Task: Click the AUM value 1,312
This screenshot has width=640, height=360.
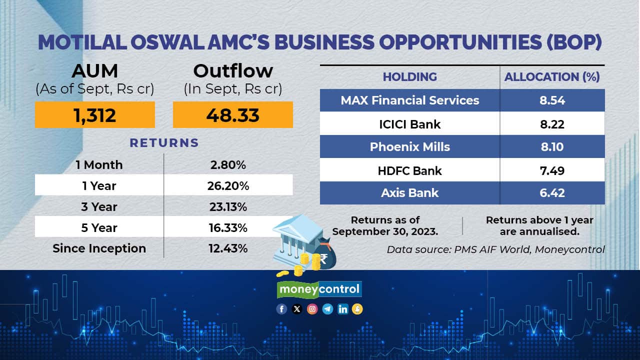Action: (x=95, y=115)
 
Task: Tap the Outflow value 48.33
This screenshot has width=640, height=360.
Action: (x=233, y=115)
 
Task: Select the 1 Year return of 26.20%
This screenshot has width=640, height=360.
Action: (x=228, y=186)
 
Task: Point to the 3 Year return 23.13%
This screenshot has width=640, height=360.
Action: (x=228, y=207)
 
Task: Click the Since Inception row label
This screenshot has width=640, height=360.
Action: (x=99, y=248)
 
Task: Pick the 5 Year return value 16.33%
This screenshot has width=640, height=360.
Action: (x=228, y=228)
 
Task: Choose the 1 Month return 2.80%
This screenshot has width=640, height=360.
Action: (x=228, y=165)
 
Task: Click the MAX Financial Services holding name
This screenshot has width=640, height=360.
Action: (x=409, y=100)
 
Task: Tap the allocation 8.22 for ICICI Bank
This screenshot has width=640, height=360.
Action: (x=552, y=124)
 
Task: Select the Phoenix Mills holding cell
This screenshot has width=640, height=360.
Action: (x=409, y=147)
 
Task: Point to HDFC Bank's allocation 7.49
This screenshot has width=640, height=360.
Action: (x=552, y=171)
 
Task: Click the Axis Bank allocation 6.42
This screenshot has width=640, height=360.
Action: (x=552, y=193)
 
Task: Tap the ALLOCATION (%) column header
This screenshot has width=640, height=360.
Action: (x=552, y=77)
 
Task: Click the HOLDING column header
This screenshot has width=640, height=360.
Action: (x=409, y=77)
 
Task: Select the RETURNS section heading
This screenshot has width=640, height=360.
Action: (x=164, y=143)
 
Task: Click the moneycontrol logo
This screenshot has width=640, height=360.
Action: (x=319, y=289)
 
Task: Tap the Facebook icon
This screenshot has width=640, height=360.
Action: (x=281, y=309)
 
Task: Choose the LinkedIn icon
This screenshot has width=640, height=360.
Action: (x=342, y=309)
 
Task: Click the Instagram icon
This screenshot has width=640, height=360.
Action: (x=312, y=309)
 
